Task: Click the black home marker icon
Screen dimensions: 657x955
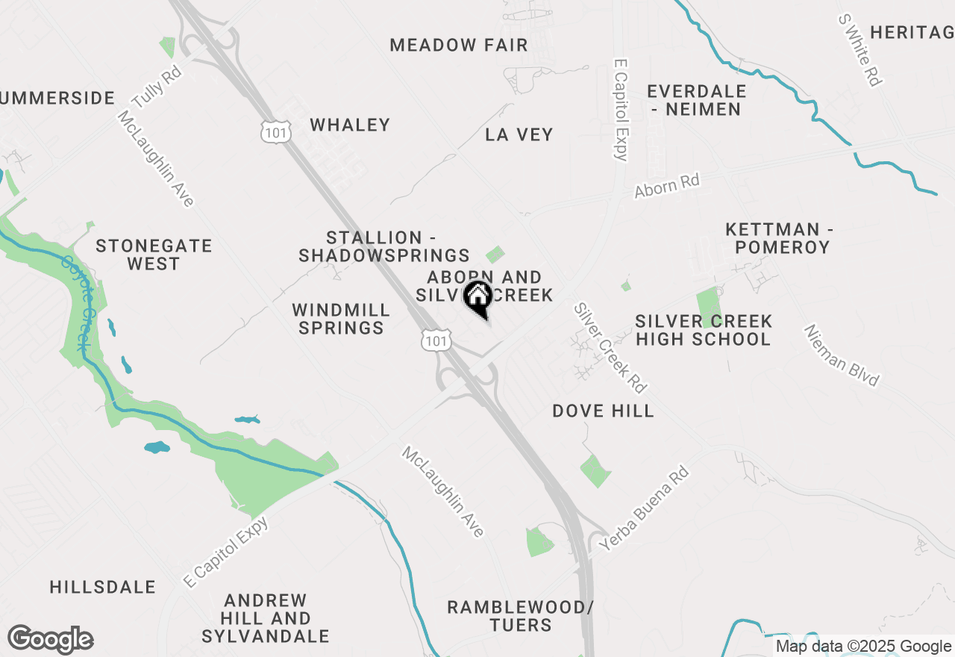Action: point(477,299)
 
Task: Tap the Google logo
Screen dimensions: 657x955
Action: point(50,640)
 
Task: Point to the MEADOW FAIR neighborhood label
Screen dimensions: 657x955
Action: point(459,45)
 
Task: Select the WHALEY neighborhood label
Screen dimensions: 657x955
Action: point(350,125)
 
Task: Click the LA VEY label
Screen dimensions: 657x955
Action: point(519,134)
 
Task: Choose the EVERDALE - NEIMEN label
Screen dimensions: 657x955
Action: point(696,100)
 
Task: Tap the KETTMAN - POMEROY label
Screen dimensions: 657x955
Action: point(779,237)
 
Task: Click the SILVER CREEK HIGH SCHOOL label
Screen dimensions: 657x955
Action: point(703,330)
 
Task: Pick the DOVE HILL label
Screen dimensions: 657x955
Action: point(603,411)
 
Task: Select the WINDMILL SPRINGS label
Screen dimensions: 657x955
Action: point(341,319)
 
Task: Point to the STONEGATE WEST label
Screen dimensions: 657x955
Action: point(154,255)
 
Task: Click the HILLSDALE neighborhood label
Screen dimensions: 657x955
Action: point(103,587)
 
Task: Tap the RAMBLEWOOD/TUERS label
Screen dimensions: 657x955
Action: point(521,616)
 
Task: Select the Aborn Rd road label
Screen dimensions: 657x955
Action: point(667,186)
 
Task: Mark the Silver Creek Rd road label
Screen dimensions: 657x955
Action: point(610,348)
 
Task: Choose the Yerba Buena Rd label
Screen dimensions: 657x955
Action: point(643,510)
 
